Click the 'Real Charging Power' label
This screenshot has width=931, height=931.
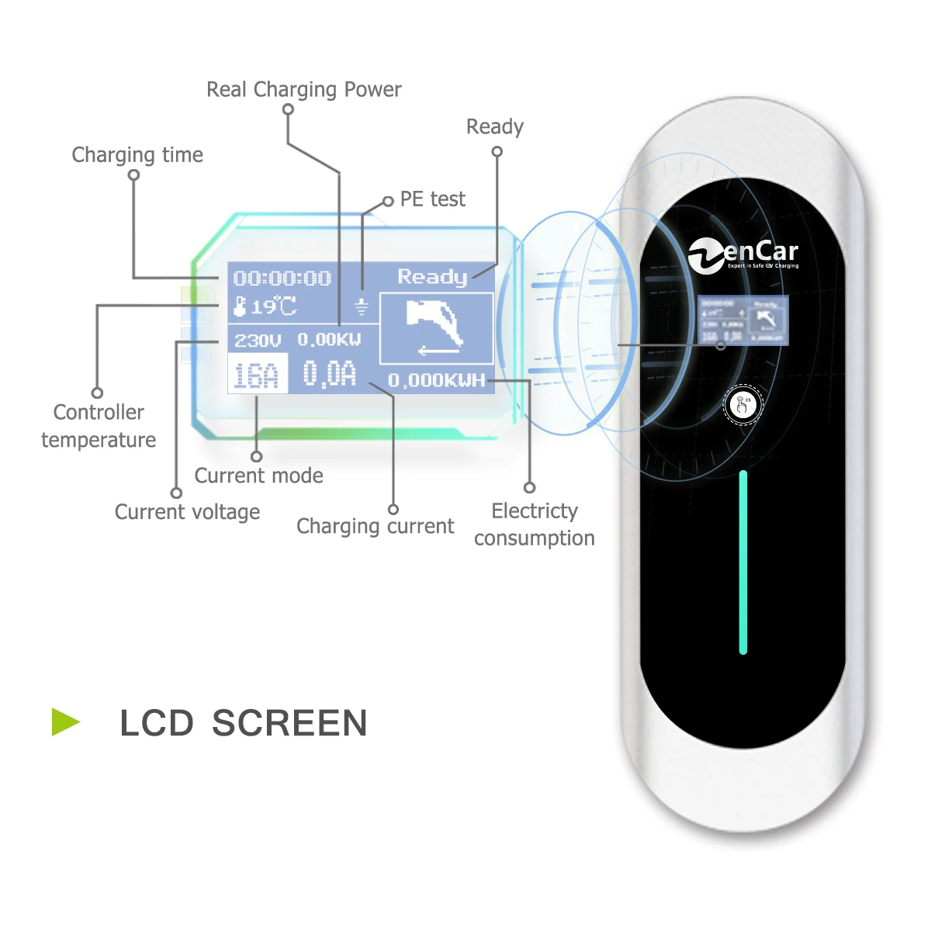(x=303, y=90)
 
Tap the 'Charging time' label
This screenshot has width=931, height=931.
(x=137, y=155)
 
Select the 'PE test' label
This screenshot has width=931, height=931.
(x=432, y=199)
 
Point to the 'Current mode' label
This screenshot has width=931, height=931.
(x=258, y=476)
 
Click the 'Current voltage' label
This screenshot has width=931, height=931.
(x=187, y=512)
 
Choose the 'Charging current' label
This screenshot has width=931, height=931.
(x=375, y=526)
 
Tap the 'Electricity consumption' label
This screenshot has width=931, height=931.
(x=535, y=524)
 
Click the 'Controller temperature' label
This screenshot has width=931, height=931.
(x=99, y=426)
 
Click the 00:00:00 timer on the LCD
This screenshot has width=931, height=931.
(x=282, y=279)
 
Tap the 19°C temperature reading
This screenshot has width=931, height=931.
(x=266, y=306)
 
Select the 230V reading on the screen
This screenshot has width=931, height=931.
(x=258, y=341)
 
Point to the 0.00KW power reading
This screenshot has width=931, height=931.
(x=329, y=340)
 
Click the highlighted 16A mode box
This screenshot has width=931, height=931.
(x=257, y=375)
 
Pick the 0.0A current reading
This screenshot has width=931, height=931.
(x=329, y=374)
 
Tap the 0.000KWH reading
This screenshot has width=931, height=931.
(x=436, y=380)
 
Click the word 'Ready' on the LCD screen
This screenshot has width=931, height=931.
(x=432, y=277)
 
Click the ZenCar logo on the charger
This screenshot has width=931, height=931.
(x=743, y=255)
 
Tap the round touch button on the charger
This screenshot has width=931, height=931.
(x=743, y=404)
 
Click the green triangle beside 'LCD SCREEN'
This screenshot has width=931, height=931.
(x=65, y=722)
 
